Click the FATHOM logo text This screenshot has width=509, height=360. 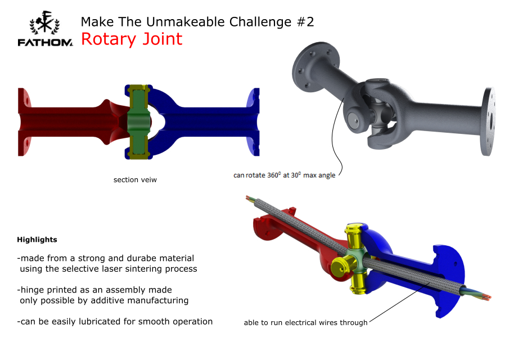point(45,43)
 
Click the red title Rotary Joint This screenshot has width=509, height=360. point(132,39)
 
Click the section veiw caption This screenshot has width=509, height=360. point(135,180)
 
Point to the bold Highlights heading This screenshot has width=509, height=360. point(37,240)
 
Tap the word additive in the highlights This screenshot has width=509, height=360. point(107,300)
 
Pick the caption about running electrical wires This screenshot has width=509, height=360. point(305,323)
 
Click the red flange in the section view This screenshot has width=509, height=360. point(24,121)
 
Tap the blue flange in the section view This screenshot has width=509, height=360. point(253,121)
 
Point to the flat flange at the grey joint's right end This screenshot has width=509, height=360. point(488,121)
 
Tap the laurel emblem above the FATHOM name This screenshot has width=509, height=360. point(44,22)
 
